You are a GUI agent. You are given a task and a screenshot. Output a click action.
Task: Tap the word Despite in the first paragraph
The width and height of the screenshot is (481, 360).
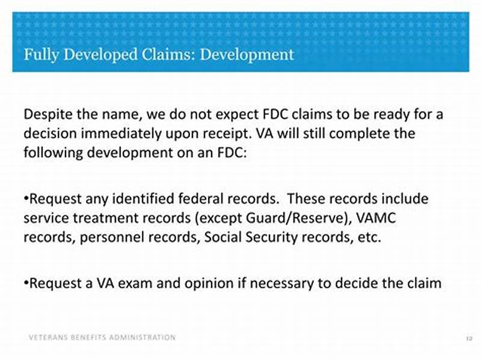(46, 114)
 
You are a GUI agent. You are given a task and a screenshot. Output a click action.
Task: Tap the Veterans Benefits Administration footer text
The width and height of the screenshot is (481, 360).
(102, 337)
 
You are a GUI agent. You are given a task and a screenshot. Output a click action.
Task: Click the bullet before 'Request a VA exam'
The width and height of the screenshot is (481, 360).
(26, 282)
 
